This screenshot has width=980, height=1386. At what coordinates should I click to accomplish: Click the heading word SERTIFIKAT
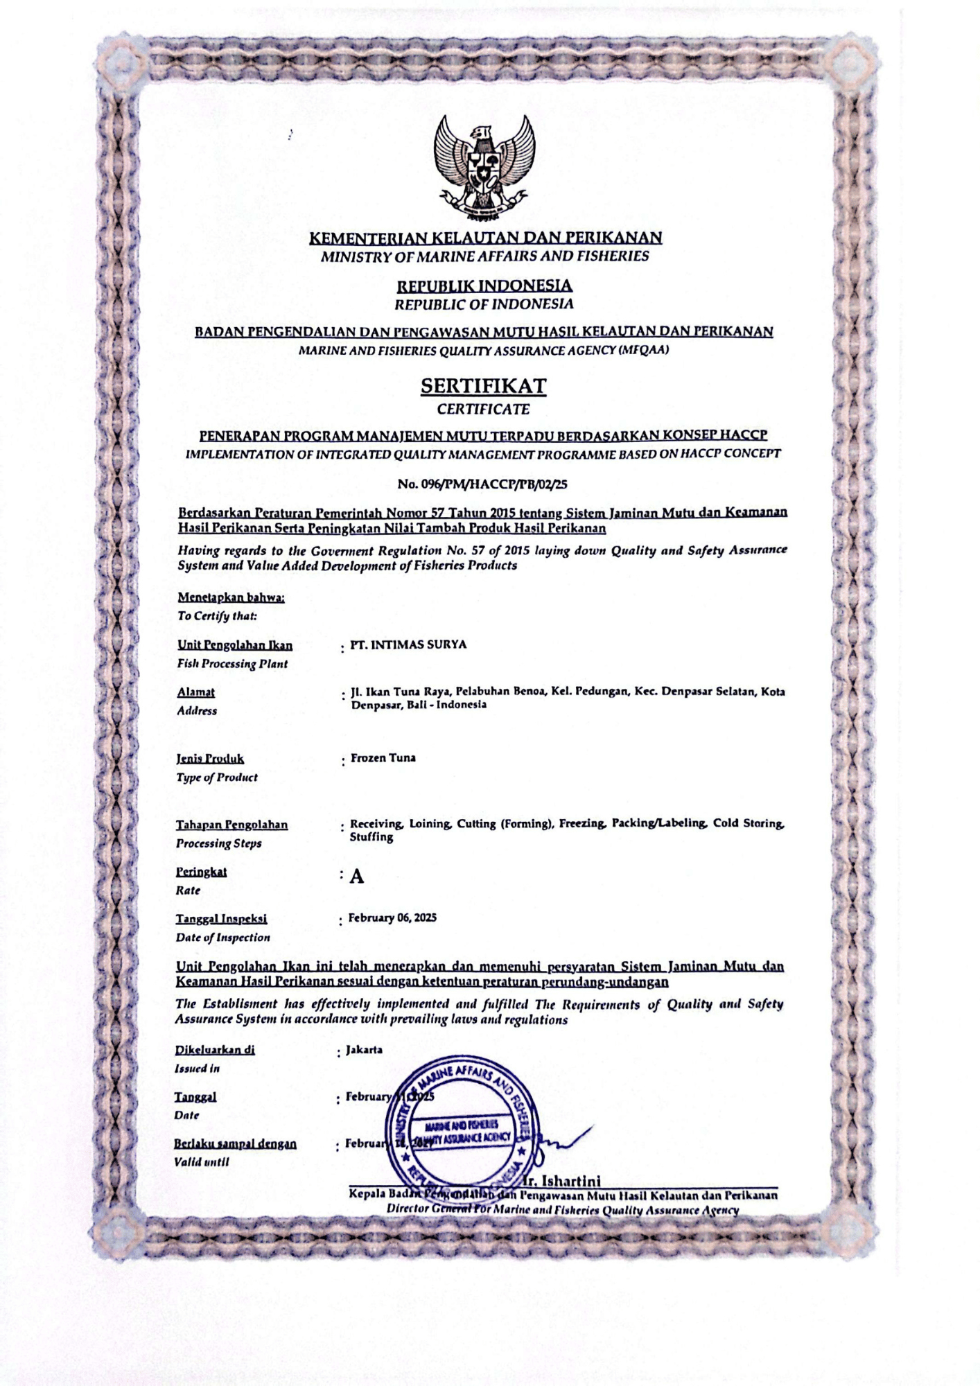pyautogui.click(x=483, y=386)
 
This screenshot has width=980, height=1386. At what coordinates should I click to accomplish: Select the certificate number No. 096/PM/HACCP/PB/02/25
pyautogui.click(x=482, y=484)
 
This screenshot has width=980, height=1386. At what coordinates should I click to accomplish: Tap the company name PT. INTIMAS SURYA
pyautogui.click(x=408, y=644)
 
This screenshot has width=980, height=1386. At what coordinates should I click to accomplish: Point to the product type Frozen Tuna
pyautogui.click(x=383, y=758)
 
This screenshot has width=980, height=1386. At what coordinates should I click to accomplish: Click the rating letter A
pyautogui.click(x=356, y=877)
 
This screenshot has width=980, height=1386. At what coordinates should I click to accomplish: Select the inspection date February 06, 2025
pyautogui.click(x=392, y=918)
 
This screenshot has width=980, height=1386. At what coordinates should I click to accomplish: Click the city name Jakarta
pyautogui.click(x=364, y=1049)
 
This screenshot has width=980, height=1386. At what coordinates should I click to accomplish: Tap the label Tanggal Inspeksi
pyautogui.click(x=221, y=919)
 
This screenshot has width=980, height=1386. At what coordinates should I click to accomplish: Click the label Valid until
pyautogui.click(x=201, y=1162)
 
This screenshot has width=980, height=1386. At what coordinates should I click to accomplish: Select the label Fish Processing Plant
pyautogui.click(x=232, y=664)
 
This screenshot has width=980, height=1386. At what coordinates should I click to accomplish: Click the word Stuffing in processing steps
pyautogui.click(x=371, y=837)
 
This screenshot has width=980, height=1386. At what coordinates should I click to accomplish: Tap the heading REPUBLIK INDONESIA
pyautogui.click(x=484, y=286)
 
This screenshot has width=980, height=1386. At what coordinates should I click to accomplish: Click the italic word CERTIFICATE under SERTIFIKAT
pyautogui.click(x=483, y=410)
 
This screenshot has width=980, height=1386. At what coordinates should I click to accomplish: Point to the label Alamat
pyautogui.click(x=195, y=692)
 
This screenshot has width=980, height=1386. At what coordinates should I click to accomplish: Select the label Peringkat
pyautogui.click(x=201, y=872)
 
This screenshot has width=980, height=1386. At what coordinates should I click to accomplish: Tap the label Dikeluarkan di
pyautogui.click(x=215, y=1049)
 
